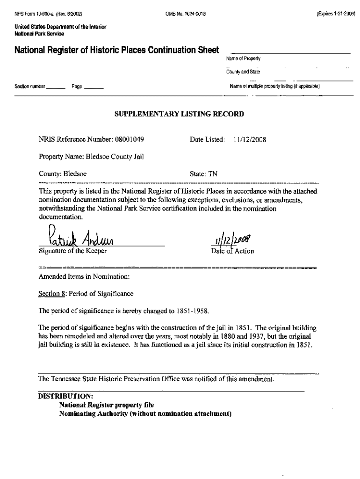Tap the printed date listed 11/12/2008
click(x=250, y=139)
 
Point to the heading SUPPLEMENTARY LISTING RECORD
click(x=179, y=114)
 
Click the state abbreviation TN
click(x=213, y=174)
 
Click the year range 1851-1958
click(x=193, y=311)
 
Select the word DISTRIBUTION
click(x=65, y=396)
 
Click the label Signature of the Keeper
click(x=72, y=251)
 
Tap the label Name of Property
click(x=243, y=58)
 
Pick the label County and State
click(x=243, y=72)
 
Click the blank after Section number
click(x=56, y=87)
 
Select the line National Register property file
click(x=106, y=405)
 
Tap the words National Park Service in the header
click(x=39, y=34)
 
